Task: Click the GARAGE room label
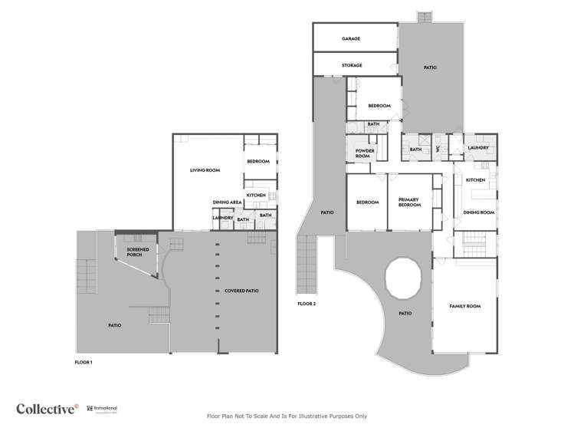coord(352,38)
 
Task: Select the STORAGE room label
coord(352,65)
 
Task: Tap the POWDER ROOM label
coord(365,153)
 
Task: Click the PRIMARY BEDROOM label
coord(407,202)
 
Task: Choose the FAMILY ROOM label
coord(464,306)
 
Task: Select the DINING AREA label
coord(228,202)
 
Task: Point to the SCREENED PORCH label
coord(139,252)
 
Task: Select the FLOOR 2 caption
coord(307,304)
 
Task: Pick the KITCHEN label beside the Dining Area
coord(256,196)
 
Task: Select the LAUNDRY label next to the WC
coord(478,149)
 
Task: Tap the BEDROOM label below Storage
coord(379,105)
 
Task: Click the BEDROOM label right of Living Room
coord(257,161)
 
